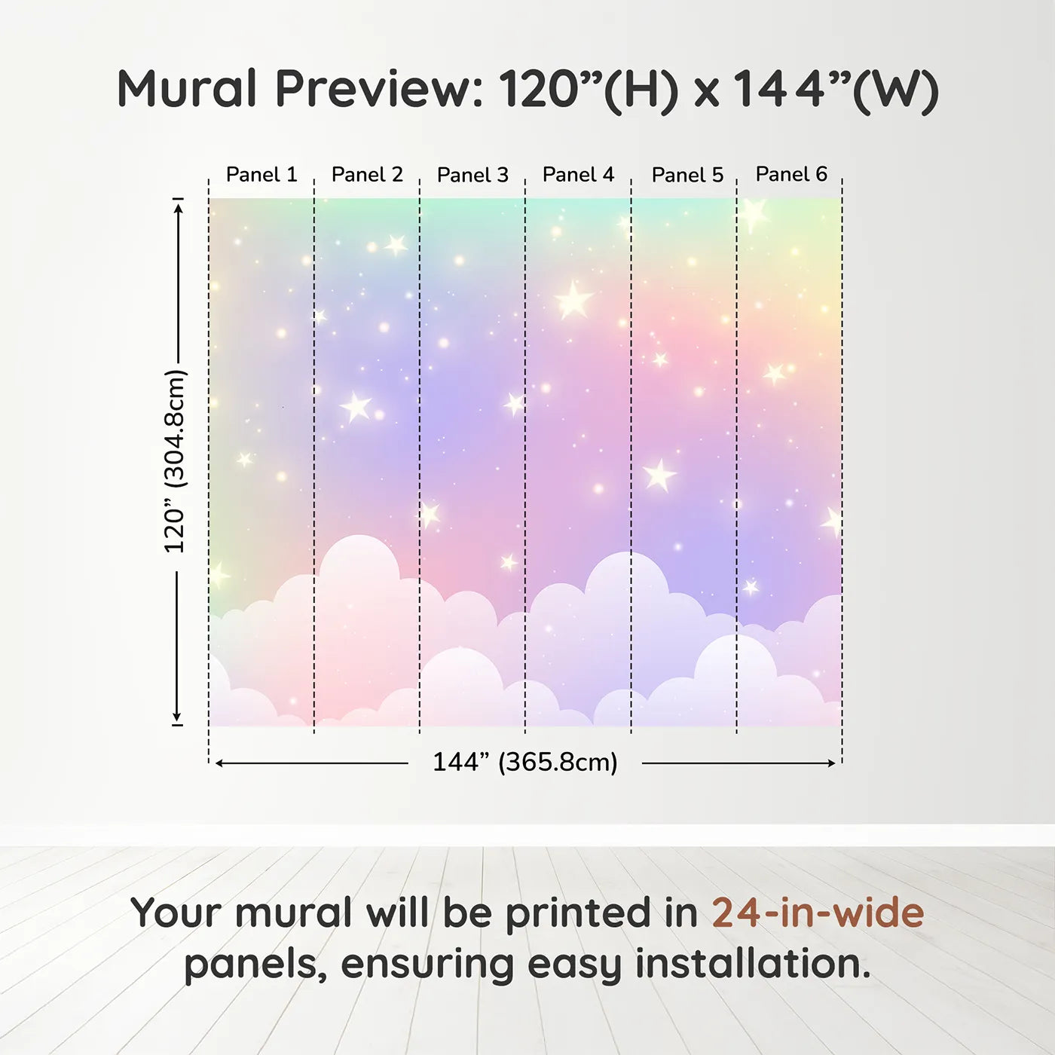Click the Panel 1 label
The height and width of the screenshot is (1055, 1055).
261,175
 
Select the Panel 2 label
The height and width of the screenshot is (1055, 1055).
367,175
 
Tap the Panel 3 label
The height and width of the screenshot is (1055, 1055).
473,175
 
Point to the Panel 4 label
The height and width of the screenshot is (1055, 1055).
579,175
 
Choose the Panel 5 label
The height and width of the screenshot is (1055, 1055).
688,175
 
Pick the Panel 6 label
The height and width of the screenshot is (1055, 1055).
792,174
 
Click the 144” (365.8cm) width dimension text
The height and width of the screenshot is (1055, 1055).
525,763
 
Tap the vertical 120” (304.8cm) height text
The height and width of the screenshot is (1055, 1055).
176,461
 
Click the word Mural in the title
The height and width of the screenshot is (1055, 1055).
187,89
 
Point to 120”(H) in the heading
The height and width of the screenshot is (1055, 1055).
589,90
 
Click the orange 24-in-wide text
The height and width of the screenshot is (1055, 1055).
818,913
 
